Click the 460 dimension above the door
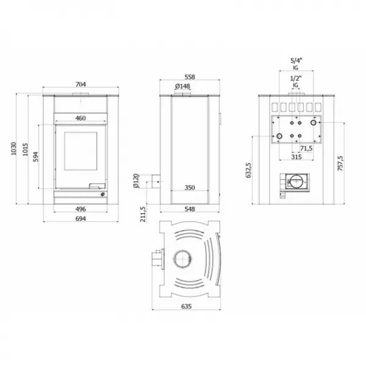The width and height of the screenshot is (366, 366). click(x=81, y=118)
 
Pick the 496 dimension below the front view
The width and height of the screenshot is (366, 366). click(x=80, y=209)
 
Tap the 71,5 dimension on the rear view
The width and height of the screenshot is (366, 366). click(x=306, y=148)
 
